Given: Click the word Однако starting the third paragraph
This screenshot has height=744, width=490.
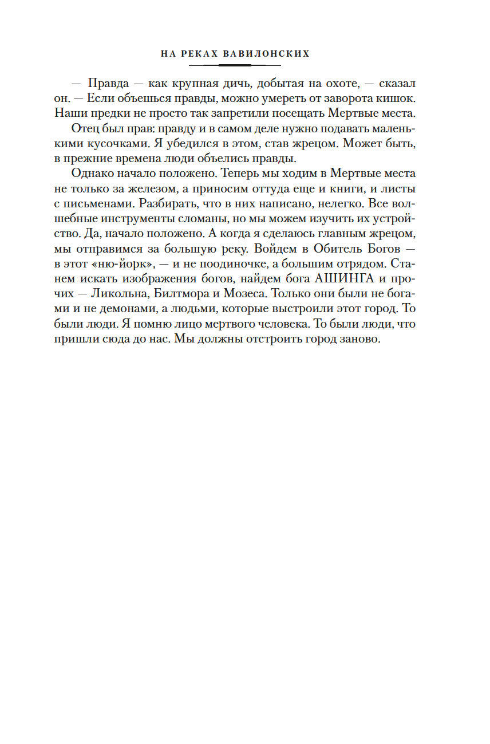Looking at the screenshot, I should [x=90, y=173].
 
